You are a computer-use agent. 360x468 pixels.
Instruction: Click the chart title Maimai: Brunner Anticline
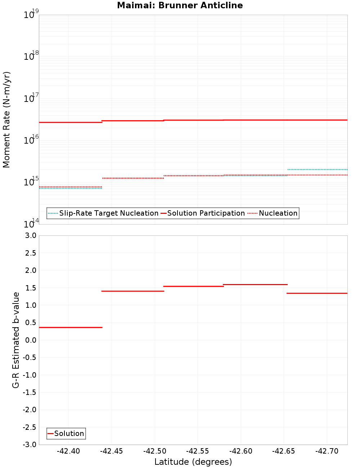[180, 6]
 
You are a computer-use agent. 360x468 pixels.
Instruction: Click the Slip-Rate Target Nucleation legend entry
[108, 213]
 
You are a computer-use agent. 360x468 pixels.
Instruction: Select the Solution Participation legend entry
[206, 213]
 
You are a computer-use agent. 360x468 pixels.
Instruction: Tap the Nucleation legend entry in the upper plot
[278, 213]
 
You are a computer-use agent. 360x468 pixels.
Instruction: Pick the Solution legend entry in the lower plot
[69, 434]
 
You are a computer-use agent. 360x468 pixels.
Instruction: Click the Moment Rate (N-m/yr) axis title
[6, 120]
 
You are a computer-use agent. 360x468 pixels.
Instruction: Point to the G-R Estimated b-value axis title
[16, 340]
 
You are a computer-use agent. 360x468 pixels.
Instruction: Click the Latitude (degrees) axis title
[193, 462]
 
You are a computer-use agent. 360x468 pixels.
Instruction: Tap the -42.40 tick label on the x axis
[68, 451]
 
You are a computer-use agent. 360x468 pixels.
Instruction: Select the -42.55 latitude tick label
[197, 451]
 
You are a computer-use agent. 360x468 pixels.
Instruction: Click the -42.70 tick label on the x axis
[327, 451]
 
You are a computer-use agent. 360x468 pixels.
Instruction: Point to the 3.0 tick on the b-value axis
[30, 236]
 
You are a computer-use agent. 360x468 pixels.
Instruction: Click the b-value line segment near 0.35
[71, 327]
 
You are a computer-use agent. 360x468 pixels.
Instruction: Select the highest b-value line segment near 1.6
[255, 284]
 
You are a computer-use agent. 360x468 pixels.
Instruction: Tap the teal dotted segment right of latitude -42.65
[317, 169]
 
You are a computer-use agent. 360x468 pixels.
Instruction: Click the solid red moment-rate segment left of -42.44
[71, 122]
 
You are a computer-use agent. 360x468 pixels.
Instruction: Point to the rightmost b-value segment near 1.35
[317, 293]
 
